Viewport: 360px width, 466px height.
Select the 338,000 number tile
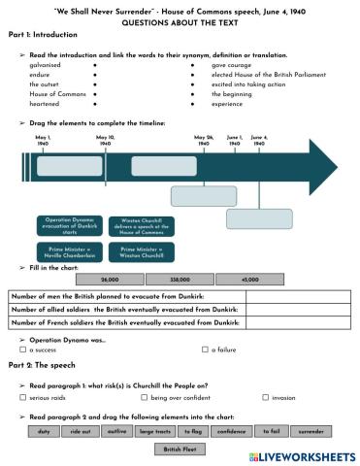pyautogui.click(x=179, y=279)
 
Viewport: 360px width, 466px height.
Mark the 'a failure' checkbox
pyautogui.click(x=204, y=349)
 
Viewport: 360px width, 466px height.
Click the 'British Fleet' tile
pyautogui.click(x=180, y=449)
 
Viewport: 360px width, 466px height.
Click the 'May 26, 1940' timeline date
pyautogui.click(x=204, y=142)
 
